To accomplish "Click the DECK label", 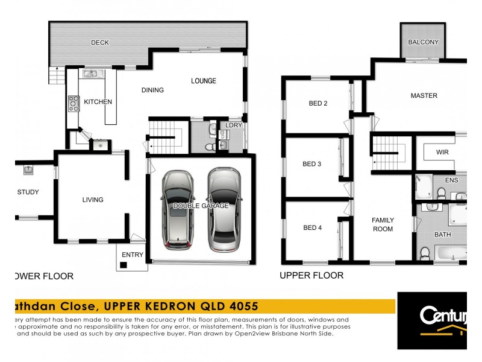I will coord(99,42).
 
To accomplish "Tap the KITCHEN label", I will coord(98,102).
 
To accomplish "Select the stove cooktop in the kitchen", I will coord(74,104).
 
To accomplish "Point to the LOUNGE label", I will coord(204,80).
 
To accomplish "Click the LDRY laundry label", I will coord(233,125).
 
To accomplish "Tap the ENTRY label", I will coord(133,255).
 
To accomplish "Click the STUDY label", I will coord(28,192).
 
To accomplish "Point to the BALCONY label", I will coord(423,42).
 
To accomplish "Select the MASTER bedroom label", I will coord(424,96).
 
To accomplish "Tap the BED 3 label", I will coord(311,164).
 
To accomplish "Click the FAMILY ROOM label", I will coord(382,224).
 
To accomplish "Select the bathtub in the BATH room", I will coord(449,253).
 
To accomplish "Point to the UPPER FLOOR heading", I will coord(311,276).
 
